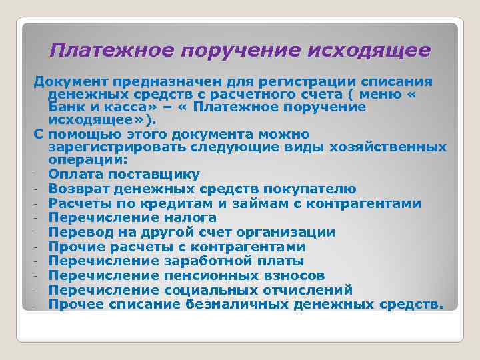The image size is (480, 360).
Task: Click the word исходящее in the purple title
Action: [376, 51]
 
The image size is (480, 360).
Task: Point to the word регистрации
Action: [299, 81]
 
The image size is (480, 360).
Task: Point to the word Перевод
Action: [81, 233]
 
